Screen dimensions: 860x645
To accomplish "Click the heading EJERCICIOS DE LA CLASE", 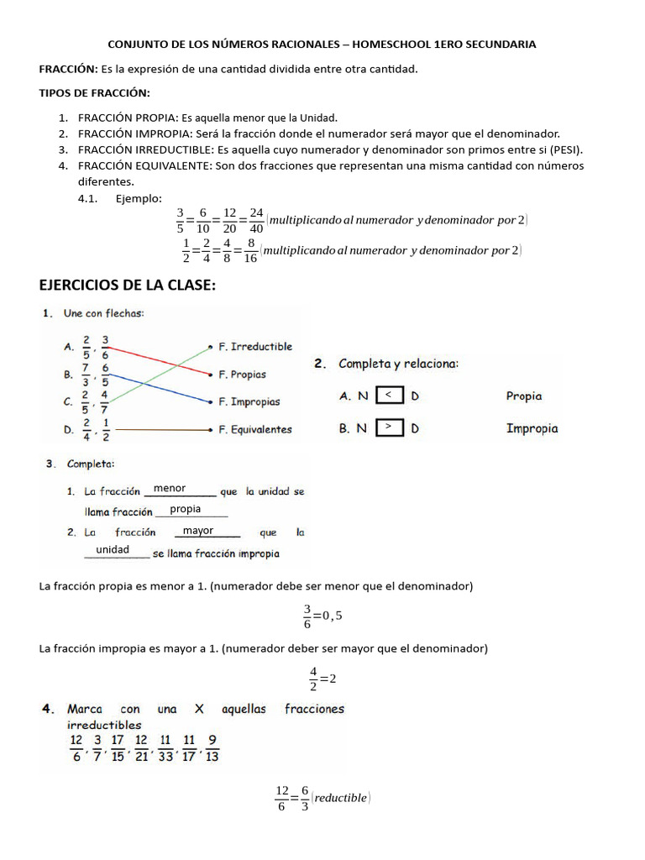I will pyautogui.click(x=128, y=286).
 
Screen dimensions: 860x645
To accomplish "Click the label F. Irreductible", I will pyautogui.click(x=255, y=346).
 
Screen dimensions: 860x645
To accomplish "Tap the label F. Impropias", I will pyautogui.click(x=249, y=401).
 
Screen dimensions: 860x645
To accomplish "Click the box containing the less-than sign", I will pyautogui.click(x=389, y=395).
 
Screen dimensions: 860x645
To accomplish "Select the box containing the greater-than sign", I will pyautogui.click(x=389, y=427).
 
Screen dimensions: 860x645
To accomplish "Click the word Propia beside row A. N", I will pyautogui.click(x=524, y=396).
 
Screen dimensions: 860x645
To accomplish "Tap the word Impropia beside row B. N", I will pyautogui.click(x=532, y=428).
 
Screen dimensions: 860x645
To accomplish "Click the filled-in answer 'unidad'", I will pyautogui.click(x=113, y=549).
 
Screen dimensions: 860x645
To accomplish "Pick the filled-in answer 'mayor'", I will pyautogui.click(x=198, y=531).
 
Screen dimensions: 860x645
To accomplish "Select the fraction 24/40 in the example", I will pyautogui.click(x=256, y=220).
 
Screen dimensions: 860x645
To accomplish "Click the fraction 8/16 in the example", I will pyautogui.click(x=250, y=250).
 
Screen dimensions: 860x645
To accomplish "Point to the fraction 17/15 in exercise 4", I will pyautogui.click(x=118, y=747).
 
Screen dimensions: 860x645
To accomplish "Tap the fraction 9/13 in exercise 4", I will pyautogui.click(x=212, y=747).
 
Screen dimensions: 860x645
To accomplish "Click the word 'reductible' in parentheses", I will pyautogui.click(x=340, y=798).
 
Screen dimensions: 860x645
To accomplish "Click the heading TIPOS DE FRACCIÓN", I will pyautogui.click(x=95, y=92).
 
